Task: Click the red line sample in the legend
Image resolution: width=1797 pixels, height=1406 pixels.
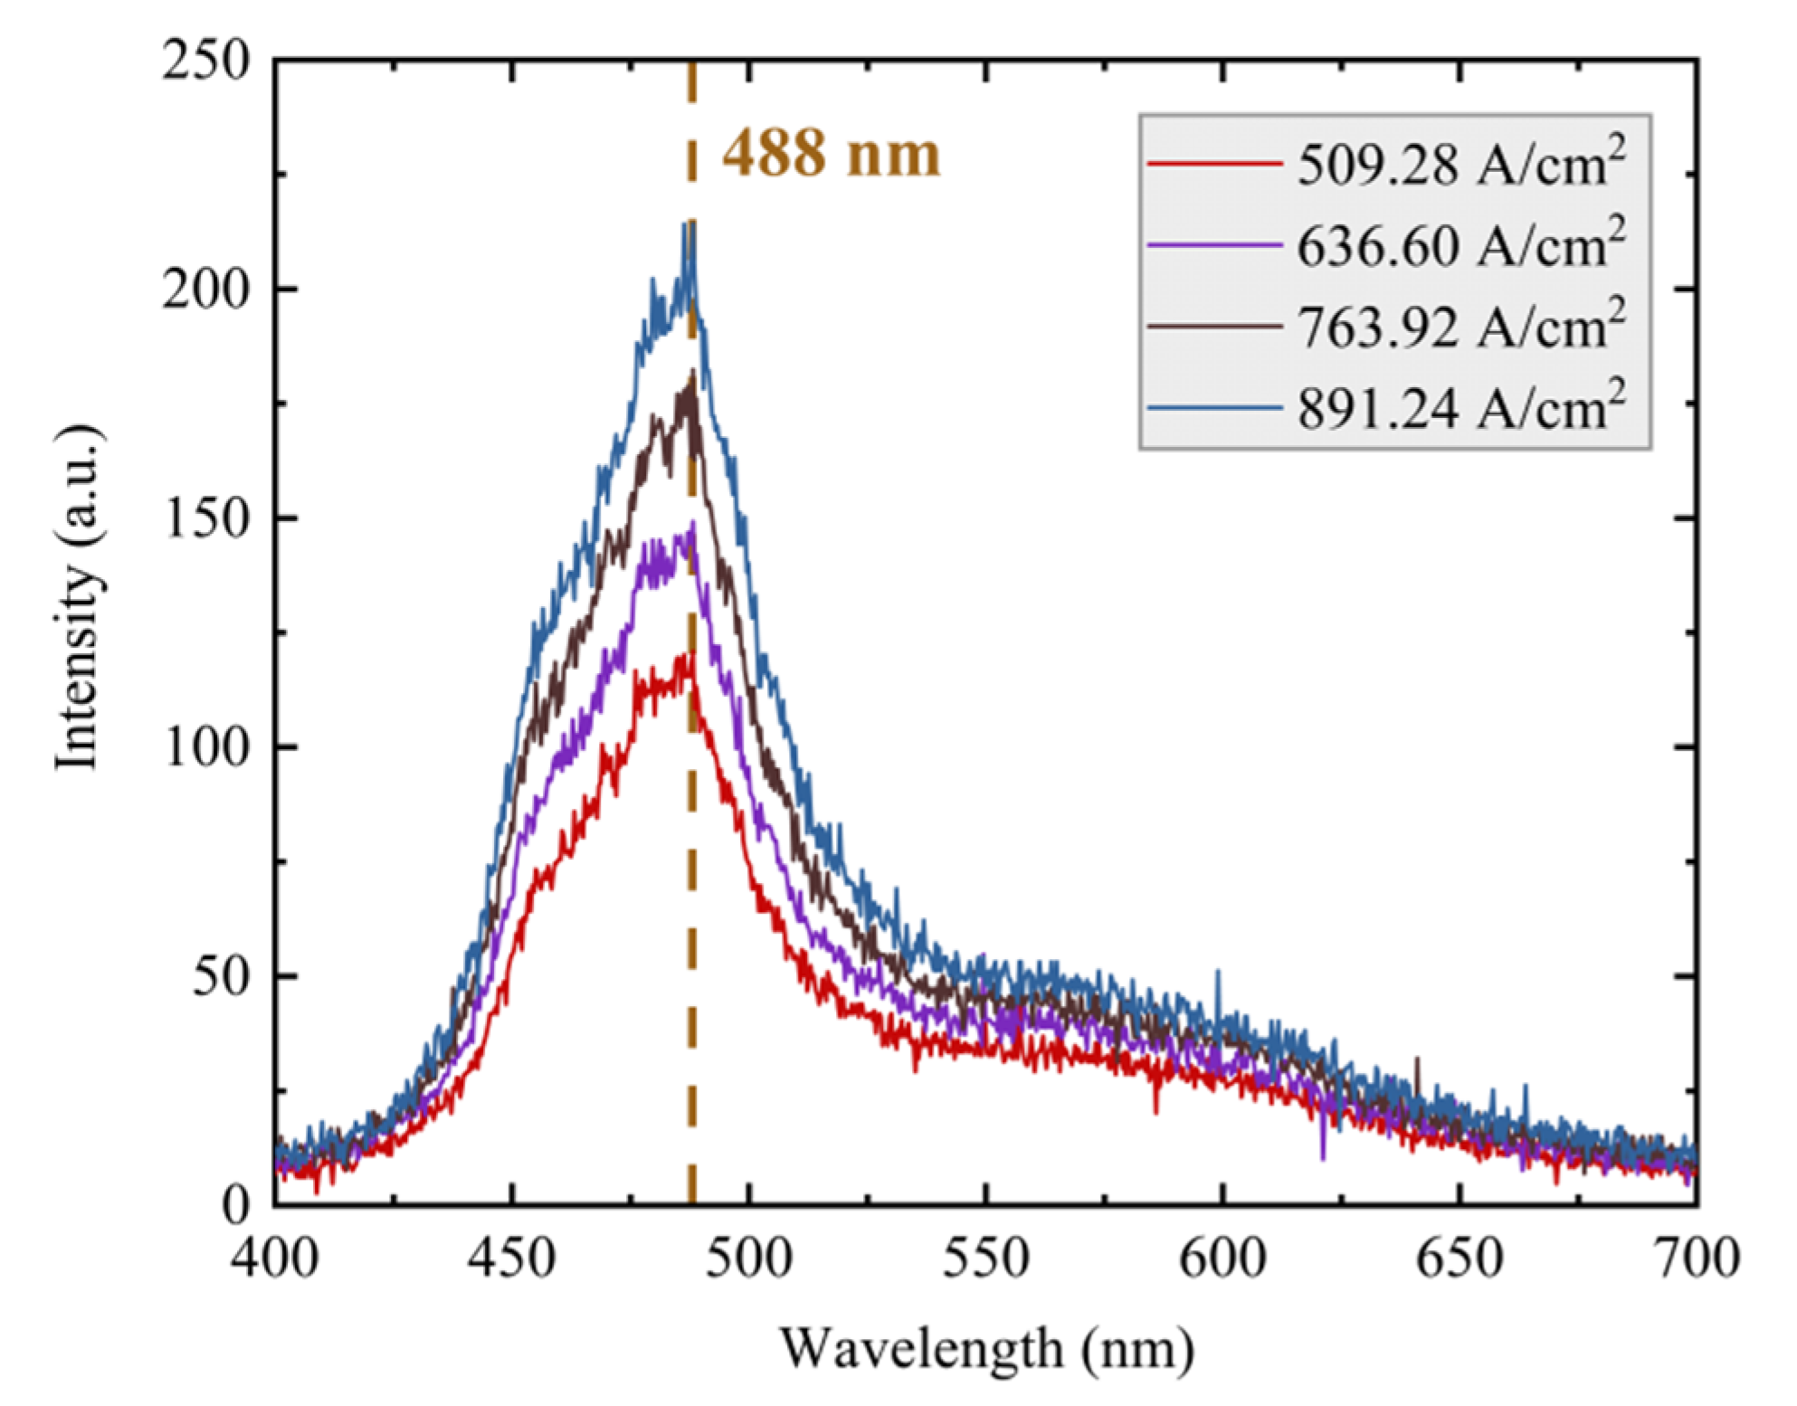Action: (x=1213, y=165)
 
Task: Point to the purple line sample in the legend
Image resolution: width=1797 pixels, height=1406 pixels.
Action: (x=1213, y=245)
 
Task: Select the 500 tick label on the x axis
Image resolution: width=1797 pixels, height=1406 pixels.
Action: (x=748, y=1259)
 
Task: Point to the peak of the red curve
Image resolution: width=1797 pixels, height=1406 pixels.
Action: (x=690, y=653)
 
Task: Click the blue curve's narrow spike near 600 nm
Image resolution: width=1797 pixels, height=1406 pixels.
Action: (x=1218, y=971)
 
